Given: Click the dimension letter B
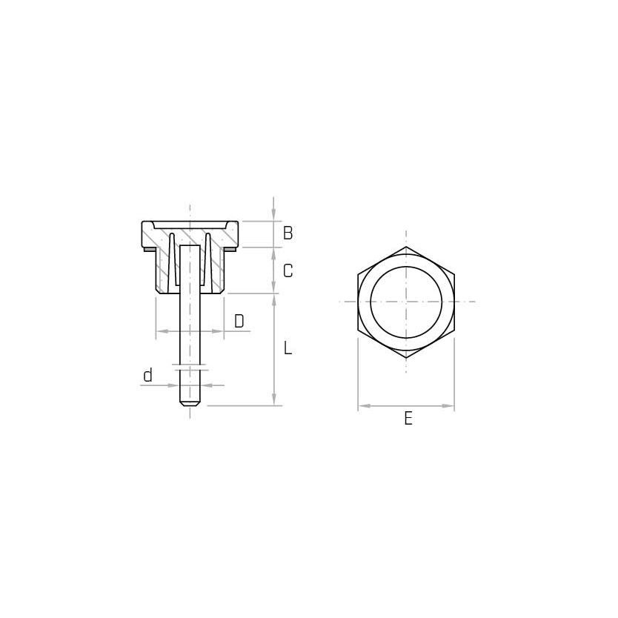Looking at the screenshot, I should (x=288, y=233).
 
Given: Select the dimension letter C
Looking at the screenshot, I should (x=288, y=271).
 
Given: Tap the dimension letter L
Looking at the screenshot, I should (x=288, y=348).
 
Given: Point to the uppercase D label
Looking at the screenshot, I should (x=239, y=322).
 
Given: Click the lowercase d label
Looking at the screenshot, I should (x=147, y=376).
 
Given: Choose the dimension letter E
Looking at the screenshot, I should (x=408, y=419).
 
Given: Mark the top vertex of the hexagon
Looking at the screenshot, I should (x=406, y=247).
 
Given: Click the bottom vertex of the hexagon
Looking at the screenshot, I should (x=406, y=358).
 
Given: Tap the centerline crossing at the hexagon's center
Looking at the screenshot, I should (x=406, y=302).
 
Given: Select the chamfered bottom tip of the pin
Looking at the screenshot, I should (x=190, y=404).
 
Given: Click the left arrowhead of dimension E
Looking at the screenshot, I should (x=363, y=406).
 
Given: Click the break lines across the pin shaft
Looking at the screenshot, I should (x=190, y=366).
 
